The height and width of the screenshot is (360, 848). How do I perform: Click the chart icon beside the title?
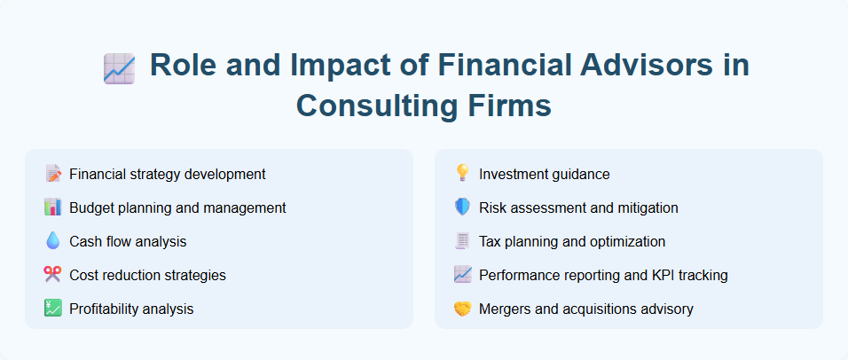[x=119, y=68]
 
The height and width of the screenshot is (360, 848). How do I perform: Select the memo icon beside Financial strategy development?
[x=52, y=174]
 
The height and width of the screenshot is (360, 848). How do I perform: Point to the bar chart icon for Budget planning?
[x=52, y=207]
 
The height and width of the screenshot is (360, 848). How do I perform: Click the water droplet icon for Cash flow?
[x=52, y=241]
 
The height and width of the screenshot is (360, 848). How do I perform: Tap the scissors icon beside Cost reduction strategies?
[x=52, y=275]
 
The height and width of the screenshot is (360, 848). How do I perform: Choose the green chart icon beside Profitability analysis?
[x=52, y=309]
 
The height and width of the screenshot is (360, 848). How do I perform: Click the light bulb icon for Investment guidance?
[x=462, y=174]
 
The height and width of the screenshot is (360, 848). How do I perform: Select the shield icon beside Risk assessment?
[x=462, y=207]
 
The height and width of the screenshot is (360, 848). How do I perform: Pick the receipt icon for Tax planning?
[x=462, y=241]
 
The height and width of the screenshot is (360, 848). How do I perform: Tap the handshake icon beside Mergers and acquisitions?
[x=462, y=309]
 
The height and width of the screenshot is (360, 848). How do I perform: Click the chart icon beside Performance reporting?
[x=462, y=275]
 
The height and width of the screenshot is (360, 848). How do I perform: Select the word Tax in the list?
[x=491, y=241]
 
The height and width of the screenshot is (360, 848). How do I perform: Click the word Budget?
[x=91, y=207]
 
